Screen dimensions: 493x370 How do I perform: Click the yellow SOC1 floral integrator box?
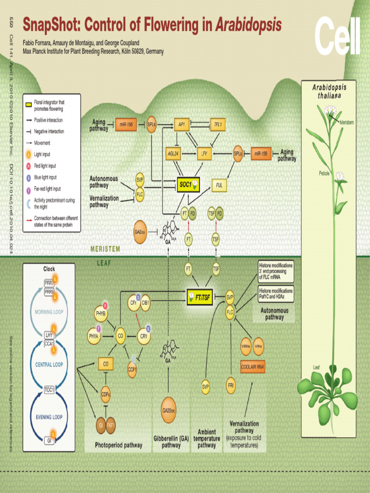tap(188, 184)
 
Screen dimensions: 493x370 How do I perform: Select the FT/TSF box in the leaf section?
tap(199, 297)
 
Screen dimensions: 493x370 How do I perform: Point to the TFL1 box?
tap(218, 124)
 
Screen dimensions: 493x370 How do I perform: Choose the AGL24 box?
tap(173, 154)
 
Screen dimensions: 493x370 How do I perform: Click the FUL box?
tap(219, 184)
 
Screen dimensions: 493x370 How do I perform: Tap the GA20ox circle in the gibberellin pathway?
tap(169, 410)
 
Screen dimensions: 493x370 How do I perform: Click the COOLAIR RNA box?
tap(253, 366)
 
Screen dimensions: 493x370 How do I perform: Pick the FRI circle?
tap(231, 386)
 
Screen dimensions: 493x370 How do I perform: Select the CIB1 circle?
tap(145, 303)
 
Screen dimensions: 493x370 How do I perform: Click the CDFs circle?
tap(106, 394)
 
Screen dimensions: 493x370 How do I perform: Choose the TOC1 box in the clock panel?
tap(49, 389)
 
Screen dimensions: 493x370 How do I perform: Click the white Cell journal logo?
tap(337, 36)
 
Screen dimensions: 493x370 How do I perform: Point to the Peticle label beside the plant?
tap(324, 173)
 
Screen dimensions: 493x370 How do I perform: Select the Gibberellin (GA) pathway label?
tap(171, 442)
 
